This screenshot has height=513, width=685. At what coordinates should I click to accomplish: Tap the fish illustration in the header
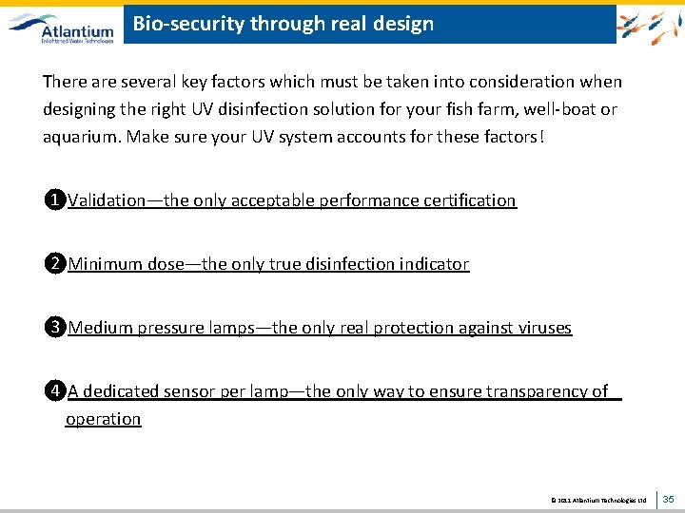647,27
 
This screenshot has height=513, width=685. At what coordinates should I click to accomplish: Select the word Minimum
106,264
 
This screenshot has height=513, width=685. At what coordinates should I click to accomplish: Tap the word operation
103,419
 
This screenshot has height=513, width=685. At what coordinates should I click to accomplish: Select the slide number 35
668,499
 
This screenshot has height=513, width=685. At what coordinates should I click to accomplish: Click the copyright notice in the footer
598,500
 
